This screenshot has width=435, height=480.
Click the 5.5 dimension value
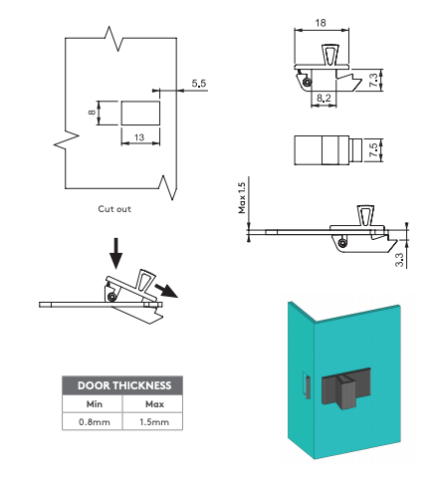[x=199, y=84]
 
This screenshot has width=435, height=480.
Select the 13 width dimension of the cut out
[x=139, y=137]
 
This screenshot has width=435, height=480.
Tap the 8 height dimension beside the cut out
[x=92, y=113]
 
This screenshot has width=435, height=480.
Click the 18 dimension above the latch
[x=321, y=23]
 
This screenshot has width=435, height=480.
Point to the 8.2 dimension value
[x=324, y=98]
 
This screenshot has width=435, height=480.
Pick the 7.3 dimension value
[x=373, y=80]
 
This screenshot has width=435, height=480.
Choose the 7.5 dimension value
[x=373, y=150]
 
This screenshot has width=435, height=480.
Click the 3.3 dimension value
[x=400, y=260]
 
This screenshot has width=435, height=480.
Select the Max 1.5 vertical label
[x=242, y=198]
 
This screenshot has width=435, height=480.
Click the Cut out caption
[x=114, y=209]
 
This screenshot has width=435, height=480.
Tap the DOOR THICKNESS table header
[x=124, y=385]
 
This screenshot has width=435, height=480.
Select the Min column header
[x=95, y=404]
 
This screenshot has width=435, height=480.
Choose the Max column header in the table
[x=154, y=404]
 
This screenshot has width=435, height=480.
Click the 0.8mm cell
[x=95, y=422]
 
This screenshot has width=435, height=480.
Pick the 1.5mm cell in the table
[x=154, y=422]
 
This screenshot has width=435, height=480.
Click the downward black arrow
[x=115, y=253]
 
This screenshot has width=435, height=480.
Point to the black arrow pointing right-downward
[x=166, y=291]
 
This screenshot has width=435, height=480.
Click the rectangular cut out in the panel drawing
[x=140, y=114]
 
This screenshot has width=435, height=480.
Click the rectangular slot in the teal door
[x=307, y=385]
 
